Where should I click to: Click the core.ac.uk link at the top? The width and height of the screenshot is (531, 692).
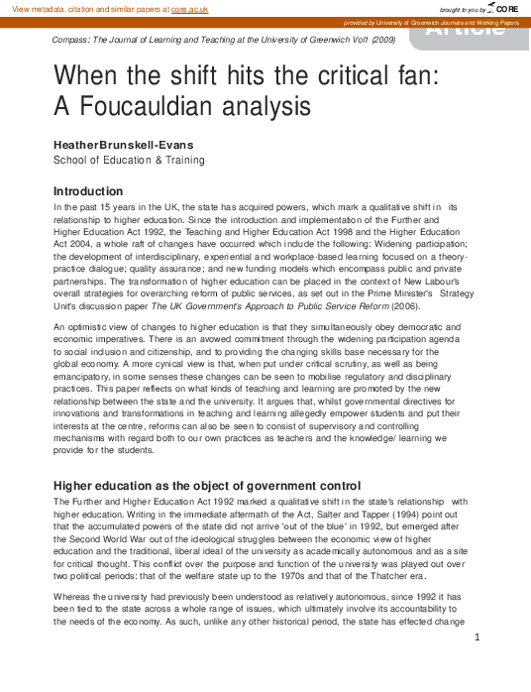[x=189, y=8]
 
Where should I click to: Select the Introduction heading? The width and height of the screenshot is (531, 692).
[x=88, y=190]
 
